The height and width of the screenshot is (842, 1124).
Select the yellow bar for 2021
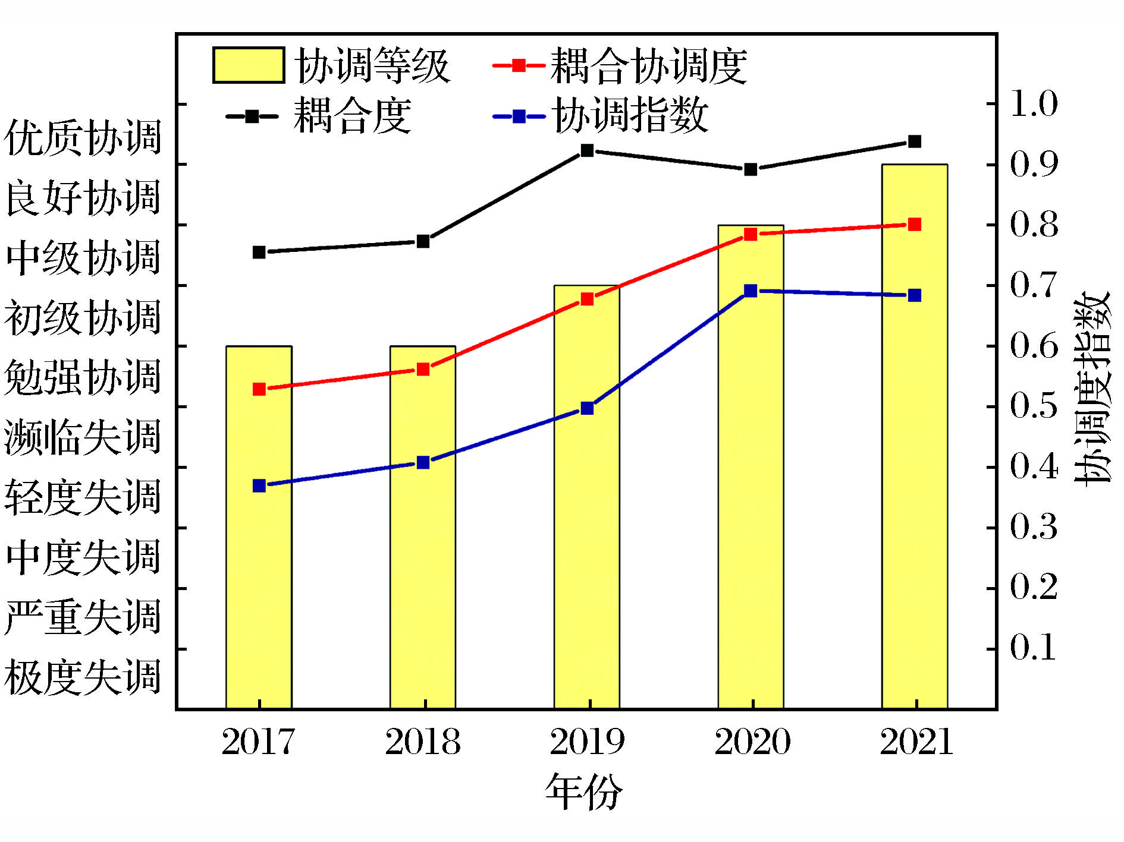[x=914, y=475]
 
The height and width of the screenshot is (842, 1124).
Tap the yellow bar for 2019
[x=587, y=535]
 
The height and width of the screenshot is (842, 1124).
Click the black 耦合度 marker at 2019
[x=587, y=150]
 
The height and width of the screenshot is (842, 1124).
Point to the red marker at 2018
[x=423, y=369]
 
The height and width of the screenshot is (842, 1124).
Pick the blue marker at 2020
[x=751, y=291]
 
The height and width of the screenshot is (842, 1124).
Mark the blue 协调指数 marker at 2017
[x=259, y=485]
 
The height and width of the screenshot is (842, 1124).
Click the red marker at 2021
[x=915, y=224]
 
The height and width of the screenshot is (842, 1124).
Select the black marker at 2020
[x=751, y=169]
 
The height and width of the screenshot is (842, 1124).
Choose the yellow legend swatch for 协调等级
[x=248, y=65]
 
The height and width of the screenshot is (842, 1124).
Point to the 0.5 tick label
[x=1034, y=406]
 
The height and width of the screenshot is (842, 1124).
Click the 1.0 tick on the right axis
[x=1034, y=104]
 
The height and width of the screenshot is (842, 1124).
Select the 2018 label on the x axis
[x=423, y=742]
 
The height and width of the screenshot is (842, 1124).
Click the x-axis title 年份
[x=584, y=791]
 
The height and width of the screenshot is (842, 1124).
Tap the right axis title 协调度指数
[x=1092, y=389]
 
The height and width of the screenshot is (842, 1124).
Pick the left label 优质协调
[x=83, y=137]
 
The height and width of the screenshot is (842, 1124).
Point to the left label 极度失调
[x=83, y=677]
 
